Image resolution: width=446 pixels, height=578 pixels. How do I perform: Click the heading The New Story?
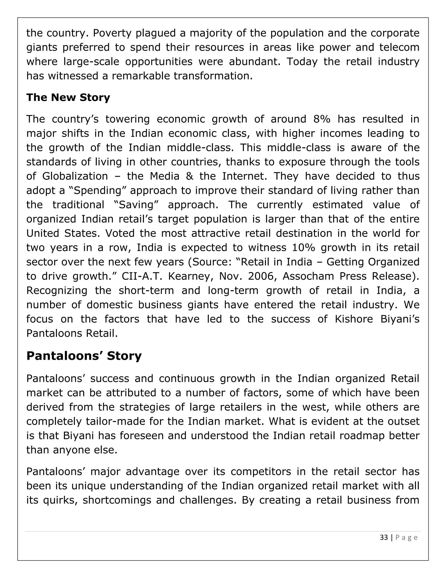68,97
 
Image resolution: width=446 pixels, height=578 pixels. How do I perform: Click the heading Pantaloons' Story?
84,356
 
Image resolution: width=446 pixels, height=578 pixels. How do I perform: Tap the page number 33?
384,537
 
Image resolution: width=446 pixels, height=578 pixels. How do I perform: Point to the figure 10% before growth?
304,248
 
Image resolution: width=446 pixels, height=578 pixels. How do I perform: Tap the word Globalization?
75,176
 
